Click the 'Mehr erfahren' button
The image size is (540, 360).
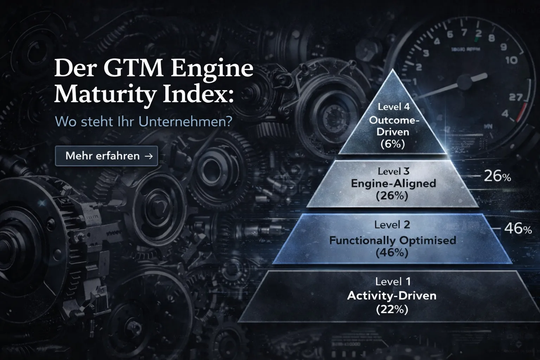click(106, 156)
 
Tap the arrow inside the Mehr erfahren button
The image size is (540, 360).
click(149, 156)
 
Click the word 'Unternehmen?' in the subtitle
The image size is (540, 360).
click(185, 122)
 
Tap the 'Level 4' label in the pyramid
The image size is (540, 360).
click(394, 107)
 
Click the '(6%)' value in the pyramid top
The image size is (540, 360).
click(393, 144)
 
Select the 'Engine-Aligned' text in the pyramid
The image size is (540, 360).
click(393, 183)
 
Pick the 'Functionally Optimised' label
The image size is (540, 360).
click(392, 240)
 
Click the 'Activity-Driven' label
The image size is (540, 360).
click(392, 295)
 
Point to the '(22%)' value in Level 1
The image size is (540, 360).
click(392, 309)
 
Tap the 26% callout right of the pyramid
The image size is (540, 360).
click(497, 176)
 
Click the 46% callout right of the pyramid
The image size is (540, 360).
click(518, 229)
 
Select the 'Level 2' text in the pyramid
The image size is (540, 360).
click(392, 225)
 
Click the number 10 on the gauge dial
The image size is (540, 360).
click(512, 60)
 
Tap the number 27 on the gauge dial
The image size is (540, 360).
click(516, 97)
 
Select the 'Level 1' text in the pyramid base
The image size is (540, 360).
click(393, 281)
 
